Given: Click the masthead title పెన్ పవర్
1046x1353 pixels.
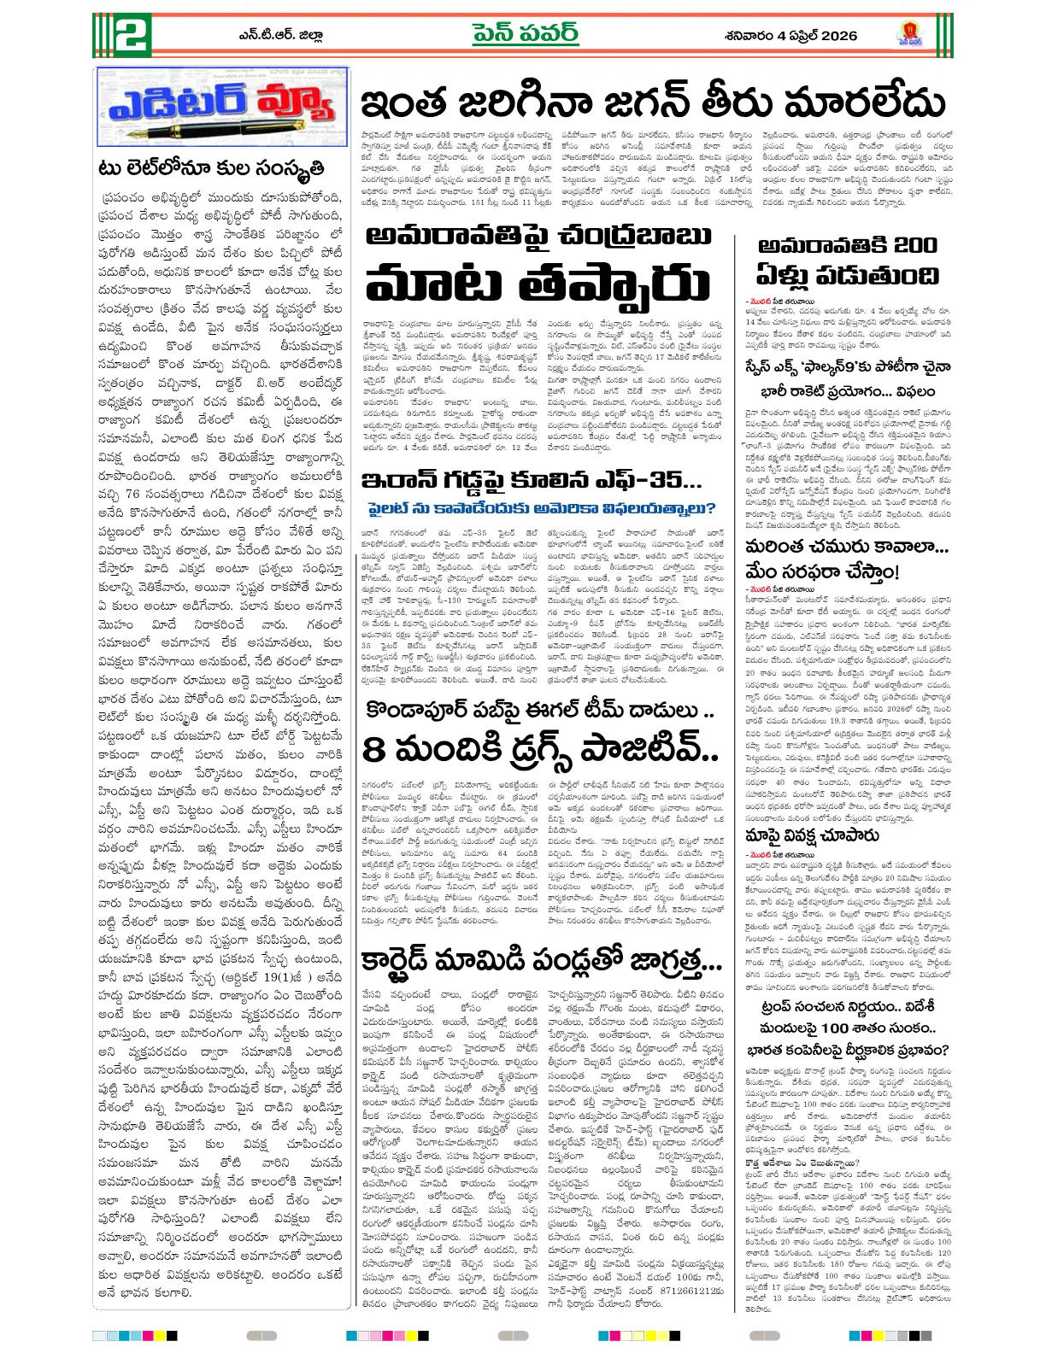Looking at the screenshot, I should [526, 34].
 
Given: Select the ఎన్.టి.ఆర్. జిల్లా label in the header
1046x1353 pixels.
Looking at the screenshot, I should [281, 36].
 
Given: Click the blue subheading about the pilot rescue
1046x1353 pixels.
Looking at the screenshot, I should [541, 508].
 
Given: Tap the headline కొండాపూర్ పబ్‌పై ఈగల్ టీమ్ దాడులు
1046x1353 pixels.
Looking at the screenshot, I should [539, 710].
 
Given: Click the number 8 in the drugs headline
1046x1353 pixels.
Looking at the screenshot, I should [373, 750].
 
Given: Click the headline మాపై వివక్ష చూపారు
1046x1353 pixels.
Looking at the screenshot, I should [812, 835].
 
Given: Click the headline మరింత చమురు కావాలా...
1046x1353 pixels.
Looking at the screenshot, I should [846, 547].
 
